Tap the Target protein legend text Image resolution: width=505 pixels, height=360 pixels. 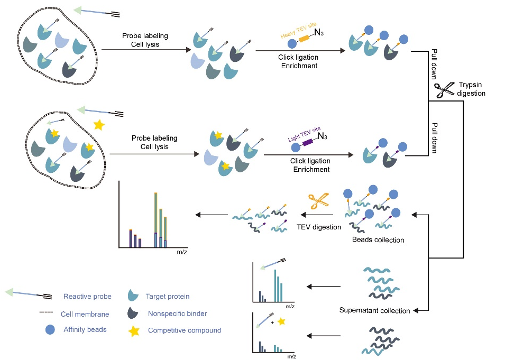click(x=168, y=297)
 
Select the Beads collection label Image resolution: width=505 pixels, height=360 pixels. click(x=378, y=240)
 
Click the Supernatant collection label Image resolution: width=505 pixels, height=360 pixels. click(x=374, y=310)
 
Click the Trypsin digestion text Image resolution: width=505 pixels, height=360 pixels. click(x=471, y=90)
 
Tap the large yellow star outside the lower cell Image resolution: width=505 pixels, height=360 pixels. click(x=98, y=126)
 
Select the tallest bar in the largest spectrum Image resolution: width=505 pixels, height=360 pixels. click(x=156, y=220)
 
